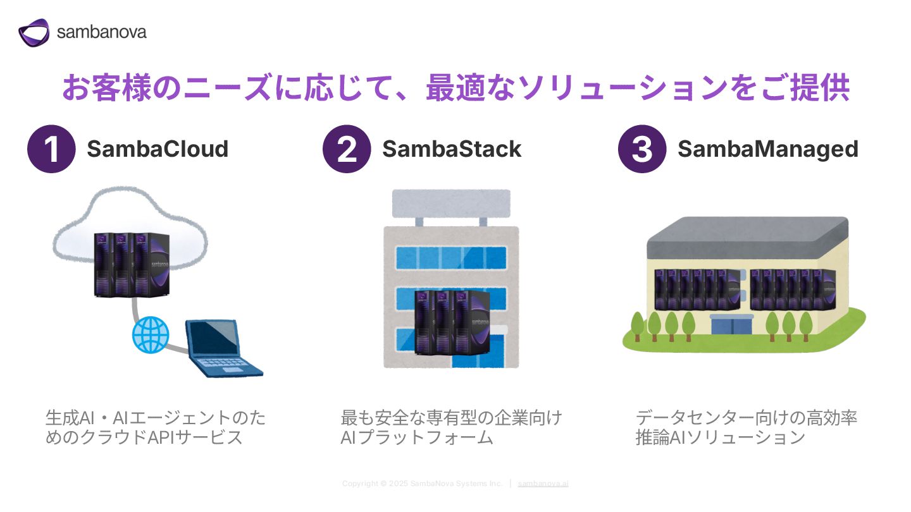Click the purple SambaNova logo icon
[x=34, y=32]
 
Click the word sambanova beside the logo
[x=102, y=32]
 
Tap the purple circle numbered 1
[x=51, y=149]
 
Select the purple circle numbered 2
[x=347, y=149]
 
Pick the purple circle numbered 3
[x=642, y=149]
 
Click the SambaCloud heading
[x=158, y=149]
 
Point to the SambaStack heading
[x=452, y=149]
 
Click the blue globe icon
[x=151, y=335]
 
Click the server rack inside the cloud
[x=132, y=264]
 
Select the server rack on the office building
[x=452, y=322]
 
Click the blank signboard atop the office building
[x=451, y=203]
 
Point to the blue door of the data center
[x=731, y=326]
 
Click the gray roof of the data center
[x=748, y=238]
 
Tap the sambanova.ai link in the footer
[x=543, y=484]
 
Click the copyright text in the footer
[x=422, y=484]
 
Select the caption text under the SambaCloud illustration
[x=156, y=427]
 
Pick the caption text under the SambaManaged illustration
[x=747, y=427]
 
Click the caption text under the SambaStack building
[x=452, y=427]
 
